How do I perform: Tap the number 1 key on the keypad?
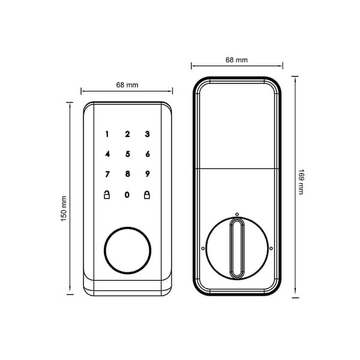click(107, 134)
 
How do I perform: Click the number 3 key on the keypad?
click(148, 134)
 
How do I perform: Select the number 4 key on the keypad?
click(107, 154)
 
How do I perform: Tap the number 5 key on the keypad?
click(128, 154)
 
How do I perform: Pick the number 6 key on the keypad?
click(148, 154)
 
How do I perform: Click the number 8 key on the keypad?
click(128, 174)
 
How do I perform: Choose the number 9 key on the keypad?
click(148, 174)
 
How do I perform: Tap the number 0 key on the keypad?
click(127, 195)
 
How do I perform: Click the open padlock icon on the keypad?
click(107, 194)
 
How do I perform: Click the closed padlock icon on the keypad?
click(147, 195)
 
